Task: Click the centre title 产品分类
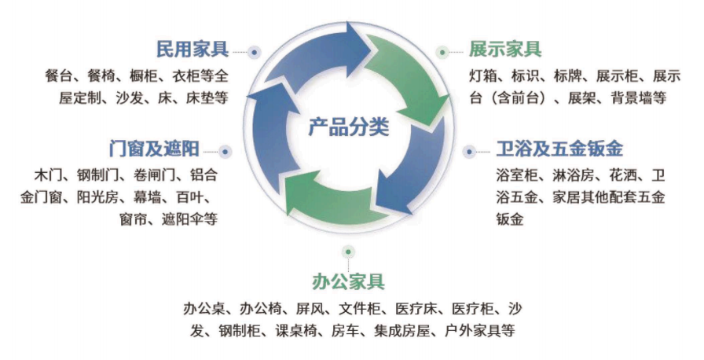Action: (x=348, y=127)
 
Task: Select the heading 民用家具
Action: (x=192, y=49)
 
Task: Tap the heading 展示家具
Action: (x=505, y=49)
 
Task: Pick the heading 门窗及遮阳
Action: (x=154, y=149)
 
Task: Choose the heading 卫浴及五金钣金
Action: (x=559, y=149)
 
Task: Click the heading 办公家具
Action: (x=348, y=282)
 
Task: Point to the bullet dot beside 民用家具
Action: (x=254, y=53)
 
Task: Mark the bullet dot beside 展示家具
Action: (x=442, y=53)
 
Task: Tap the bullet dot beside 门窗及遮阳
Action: (x=225, y=152)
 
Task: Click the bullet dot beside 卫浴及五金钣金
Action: (x=469, y=152)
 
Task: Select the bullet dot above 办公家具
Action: (x=348, y=252)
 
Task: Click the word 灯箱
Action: (x=483, y=76)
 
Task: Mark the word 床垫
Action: (x=200, y=97)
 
